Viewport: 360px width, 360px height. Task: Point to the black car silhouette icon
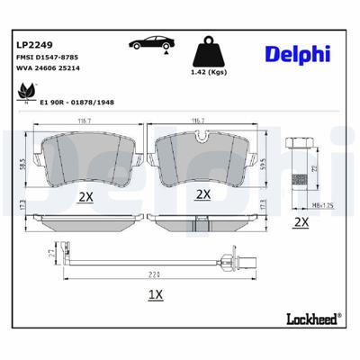[x=151, y=44]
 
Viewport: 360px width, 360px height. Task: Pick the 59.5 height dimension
[x=261, y=164]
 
